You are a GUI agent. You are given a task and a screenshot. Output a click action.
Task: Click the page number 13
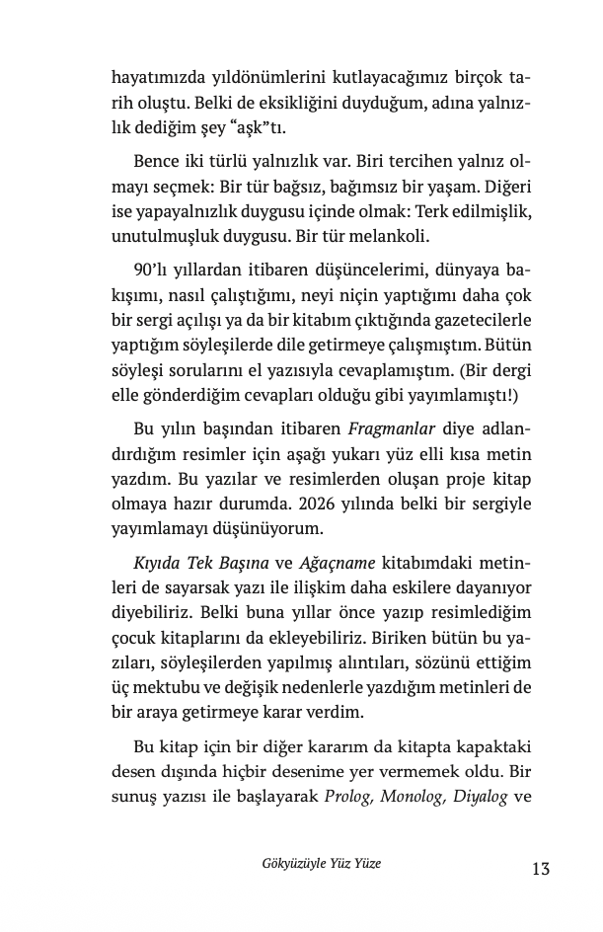[x=539, y=869]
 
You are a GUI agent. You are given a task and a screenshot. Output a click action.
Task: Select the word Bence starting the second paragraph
[x=154, y=162]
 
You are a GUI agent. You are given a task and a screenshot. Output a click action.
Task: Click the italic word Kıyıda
[x=156, y=563]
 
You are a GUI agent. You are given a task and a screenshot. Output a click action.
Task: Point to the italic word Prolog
[x=347, y=798]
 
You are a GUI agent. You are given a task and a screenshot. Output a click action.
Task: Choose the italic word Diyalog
[x=480, y=798]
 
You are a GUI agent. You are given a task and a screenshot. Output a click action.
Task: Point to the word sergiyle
[x=499, y=506]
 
